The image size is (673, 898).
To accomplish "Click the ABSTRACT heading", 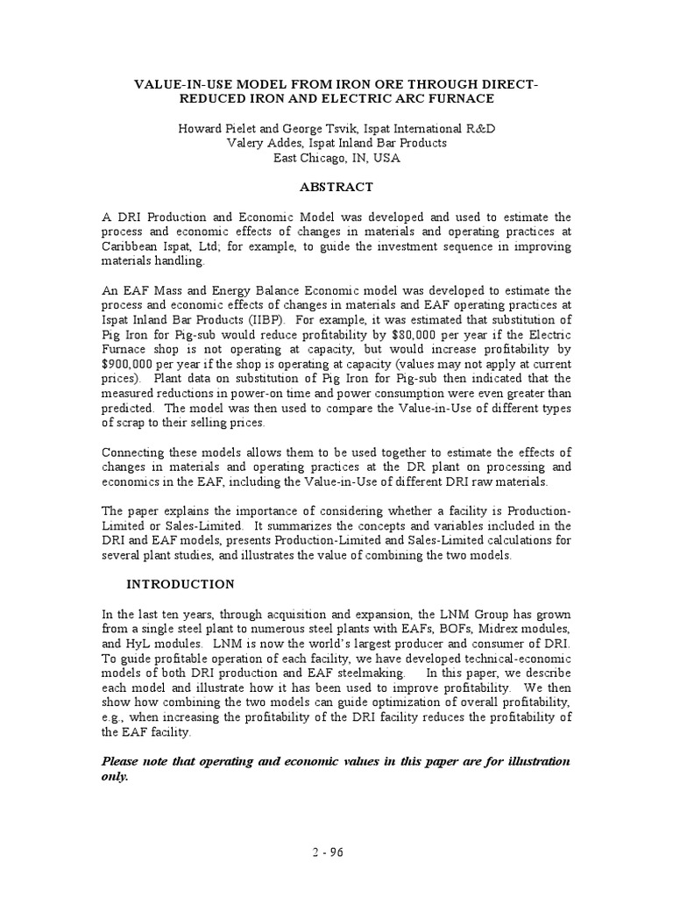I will [336, 187].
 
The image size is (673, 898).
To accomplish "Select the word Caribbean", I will [131, 246].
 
